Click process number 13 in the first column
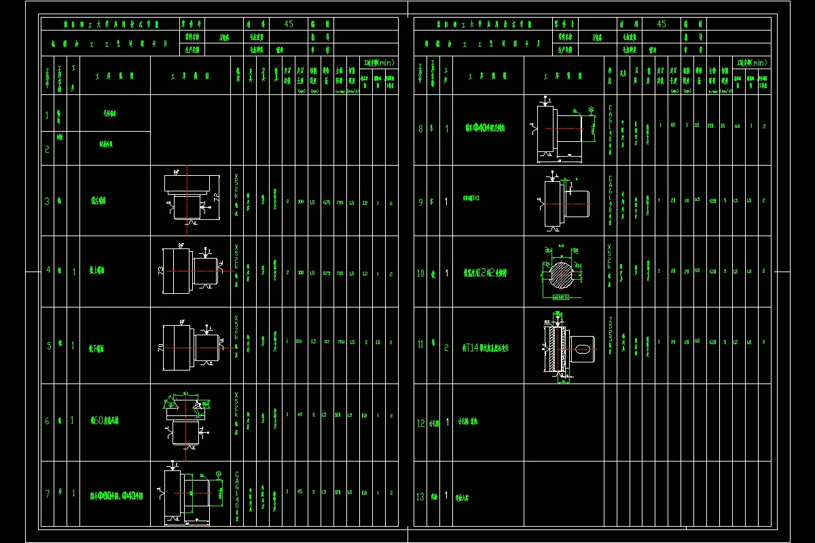(420, 497)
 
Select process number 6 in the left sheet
(48, 421)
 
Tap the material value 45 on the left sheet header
(289, 23)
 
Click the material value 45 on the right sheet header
(662, 23)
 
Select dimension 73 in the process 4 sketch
(160, 271)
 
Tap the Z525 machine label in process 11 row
(610, 329)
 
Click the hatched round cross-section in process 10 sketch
(561, 270)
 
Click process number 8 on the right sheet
(420, 128)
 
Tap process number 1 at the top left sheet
(48, 115)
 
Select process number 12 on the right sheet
(420, 423)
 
